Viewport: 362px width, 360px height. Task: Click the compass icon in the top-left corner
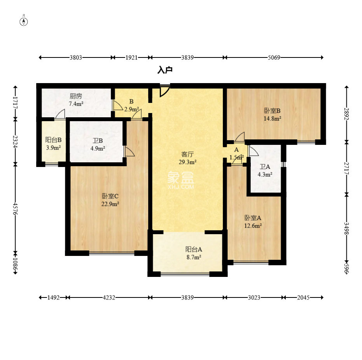[24, 21]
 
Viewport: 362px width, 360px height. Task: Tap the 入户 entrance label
[165, 70]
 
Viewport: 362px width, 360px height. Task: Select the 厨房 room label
[76, 96]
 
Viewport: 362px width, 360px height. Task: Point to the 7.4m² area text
[76, 104]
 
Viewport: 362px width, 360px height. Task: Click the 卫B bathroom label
[98, 141]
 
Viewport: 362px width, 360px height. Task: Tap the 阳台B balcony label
[53, 140]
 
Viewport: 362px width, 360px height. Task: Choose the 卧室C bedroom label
[110, 196]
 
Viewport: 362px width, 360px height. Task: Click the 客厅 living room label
[187, 154]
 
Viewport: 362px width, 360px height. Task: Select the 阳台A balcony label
[194, 249]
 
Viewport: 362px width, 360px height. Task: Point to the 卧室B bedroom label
[273, 111]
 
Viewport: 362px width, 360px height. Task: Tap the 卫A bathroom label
[265, 167]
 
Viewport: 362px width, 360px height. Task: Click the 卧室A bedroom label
[253, 218]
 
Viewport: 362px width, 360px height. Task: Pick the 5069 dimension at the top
[274, 57]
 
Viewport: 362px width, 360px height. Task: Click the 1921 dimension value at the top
[131, 57]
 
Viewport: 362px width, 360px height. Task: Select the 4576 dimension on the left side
[16, 209]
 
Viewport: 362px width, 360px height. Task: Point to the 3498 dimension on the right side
[346, 228]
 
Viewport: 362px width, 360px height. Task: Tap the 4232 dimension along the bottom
[109, 297]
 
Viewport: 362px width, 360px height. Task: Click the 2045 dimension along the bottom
[303, 297]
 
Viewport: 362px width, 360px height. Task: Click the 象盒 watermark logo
[181, 180]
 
